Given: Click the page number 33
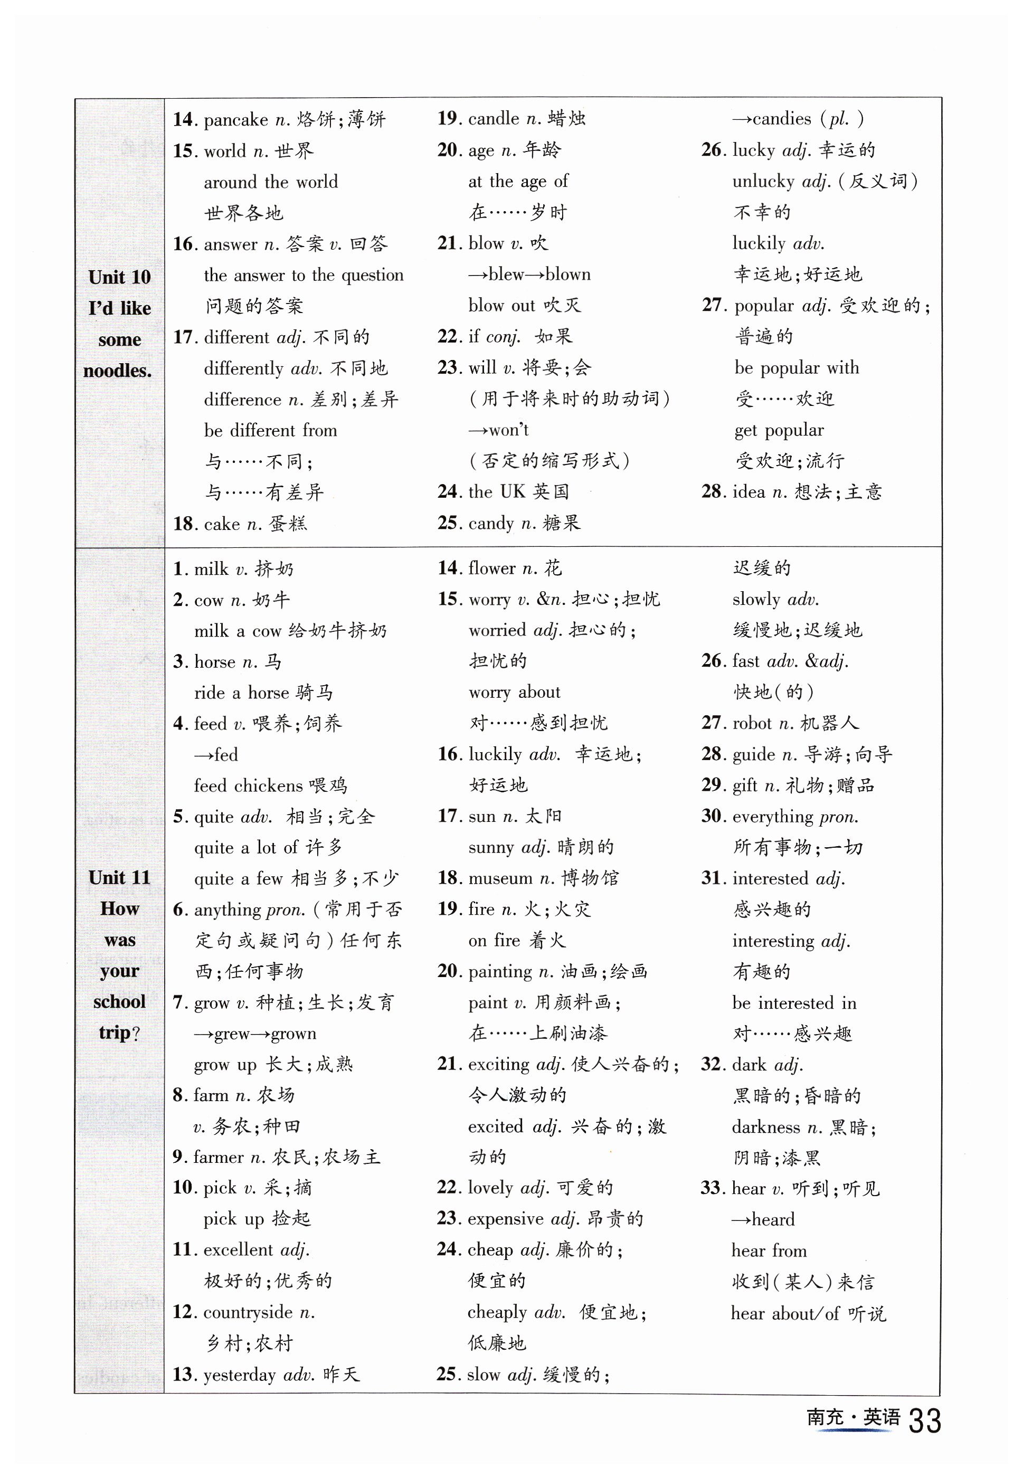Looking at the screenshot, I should tap(924, 1421).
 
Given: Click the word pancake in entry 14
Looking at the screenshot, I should tap(235, 120).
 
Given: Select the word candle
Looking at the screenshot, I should tap(494, 119).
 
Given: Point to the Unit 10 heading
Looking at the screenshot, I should tap(119, 277).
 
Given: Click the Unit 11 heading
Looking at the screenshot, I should tap(119, 877).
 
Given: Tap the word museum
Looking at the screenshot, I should tap(500, 878).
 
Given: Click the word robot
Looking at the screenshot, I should tap(751, 723).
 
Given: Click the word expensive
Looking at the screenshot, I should tap(505, 1218).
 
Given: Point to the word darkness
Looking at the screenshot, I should tap(765, 1127).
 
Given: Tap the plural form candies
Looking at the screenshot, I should tap(781, 119).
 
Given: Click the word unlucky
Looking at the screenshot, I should tap(763, 182).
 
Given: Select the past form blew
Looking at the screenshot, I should tap(506, 274).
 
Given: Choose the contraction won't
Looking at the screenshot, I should tap(508, 430).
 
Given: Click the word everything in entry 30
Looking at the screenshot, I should tap(772, 817).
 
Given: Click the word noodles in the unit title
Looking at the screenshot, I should tap(117, 371).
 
